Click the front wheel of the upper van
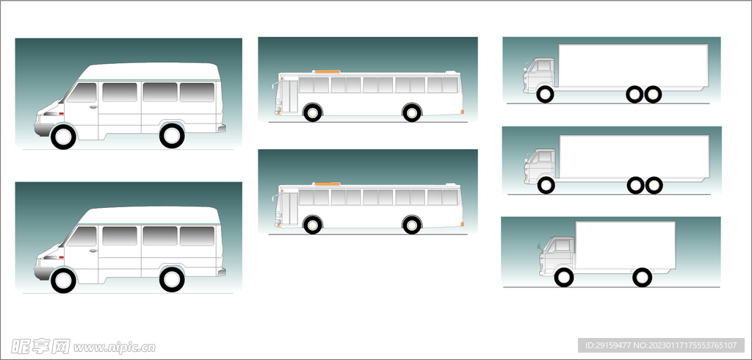coord(63,137)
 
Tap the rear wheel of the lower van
coord(172,280)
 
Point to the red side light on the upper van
coord(62,113)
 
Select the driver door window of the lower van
coord(82,236)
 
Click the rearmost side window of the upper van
coord(197,92)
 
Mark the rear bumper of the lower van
coord(222,272)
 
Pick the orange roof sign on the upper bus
coord(328,71)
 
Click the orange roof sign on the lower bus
coord(328,184)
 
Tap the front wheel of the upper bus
coord(313,113)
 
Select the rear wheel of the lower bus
coord(412,225)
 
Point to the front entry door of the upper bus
coord(289,96)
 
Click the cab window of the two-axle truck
coord(563,246)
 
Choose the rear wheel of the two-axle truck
coord(642,278)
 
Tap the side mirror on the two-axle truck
coord(541,248)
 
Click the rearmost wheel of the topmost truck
coord(653,95)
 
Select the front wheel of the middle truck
coord(546,185)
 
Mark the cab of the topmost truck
coord(539,75)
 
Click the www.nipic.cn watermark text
coord(115,347)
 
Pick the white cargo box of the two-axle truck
coord(626,245)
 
